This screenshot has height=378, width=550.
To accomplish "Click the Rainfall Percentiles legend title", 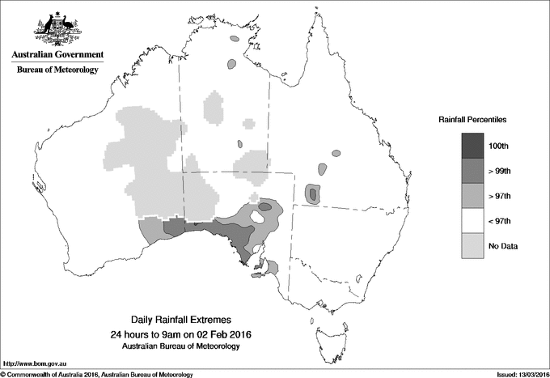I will click(472, 119).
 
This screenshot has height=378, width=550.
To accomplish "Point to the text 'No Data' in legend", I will click(502, 245).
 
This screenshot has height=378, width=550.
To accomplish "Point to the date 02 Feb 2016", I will click(224, 334).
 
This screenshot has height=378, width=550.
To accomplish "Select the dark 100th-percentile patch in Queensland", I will click(312, 193).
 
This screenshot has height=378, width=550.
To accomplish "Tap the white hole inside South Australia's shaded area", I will click(261, 217).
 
